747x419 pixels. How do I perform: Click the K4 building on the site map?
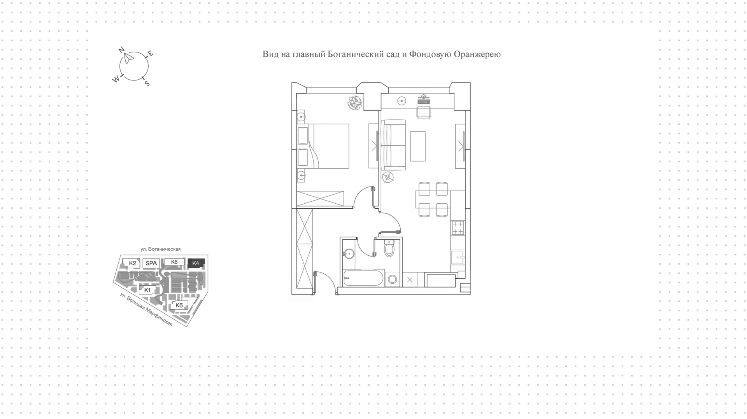[196, 263]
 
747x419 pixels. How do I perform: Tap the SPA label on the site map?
[151, 263]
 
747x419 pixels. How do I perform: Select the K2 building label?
[133, 263]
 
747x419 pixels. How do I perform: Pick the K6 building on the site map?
[174, 262]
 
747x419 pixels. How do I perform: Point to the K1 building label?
[147, 290]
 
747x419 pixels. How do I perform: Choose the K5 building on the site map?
[179, 306]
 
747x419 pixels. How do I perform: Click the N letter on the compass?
[121, 50]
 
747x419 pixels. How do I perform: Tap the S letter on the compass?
[147, 83]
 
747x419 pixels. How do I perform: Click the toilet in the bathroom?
[389, 248]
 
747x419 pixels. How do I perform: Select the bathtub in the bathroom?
[363, 278]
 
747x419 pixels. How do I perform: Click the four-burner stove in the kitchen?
[458, 228]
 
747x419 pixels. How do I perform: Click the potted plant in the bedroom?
[355, 103]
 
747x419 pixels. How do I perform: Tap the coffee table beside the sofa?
[418, 146]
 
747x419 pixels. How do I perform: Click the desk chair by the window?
[424, 112]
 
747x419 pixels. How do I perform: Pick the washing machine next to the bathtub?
[393, 279]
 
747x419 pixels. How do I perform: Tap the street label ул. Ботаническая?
[161, 249]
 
